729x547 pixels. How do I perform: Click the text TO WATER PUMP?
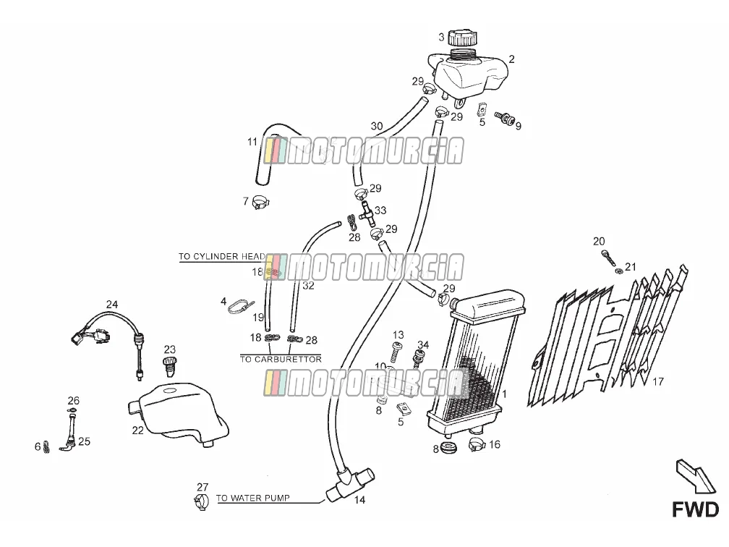(253, 498)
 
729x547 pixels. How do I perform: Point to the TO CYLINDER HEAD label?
(222, 256)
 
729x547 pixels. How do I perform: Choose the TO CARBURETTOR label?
(281, 359)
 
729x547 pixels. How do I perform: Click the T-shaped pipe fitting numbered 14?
(349, 485)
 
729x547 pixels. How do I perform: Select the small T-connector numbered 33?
(366, 214)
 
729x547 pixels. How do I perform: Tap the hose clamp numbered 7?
(261, 203)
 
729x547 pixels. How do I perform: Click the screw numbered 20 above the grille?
(607, 258)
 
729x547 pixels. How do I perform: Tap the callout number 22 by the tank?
(138, 431)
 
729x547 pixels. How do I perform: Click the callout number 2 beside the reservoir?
(512, 59)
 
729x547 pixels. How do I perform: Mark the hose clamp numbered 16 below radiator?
(477, 444)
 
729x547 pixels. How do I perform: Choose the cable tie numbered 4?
(242, 306)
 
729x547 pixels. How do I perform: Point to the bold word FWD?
(696, 509)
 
